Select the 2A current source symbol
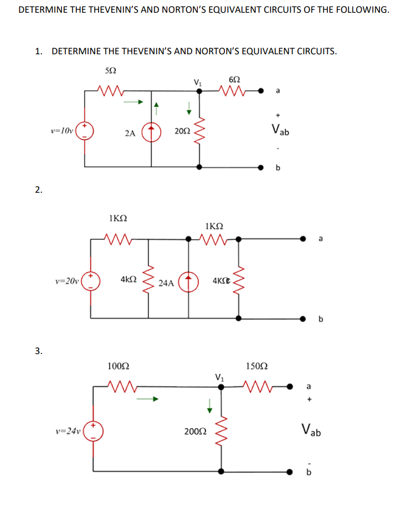point(152,133)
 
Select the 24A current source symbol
point(189,281)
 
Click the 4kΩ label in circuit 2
point(128,280)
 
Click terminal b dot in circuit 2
point(303,319)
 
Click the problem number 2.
point(38,190)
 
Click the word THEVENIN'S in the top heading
point(112,10)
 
